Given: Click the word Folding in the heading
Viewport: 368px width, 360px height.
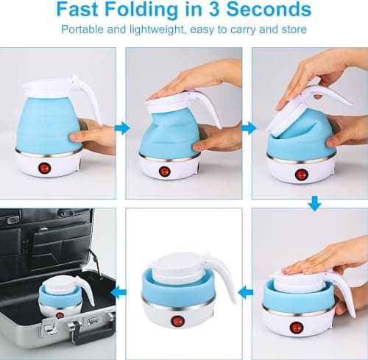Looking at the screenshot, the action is pos(141,10).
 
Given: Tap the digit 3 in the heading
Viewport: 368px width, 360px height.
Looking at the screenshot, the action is pos(213,9).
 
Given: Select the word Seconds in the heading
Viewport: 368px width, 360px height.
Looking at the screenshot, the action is pos(269,9).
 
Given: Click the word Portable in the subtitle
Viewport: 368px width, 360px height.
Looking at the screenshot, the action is pos(82,29).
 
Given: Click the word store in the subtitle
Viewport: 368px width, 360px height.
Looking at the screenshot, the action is pos(294,29).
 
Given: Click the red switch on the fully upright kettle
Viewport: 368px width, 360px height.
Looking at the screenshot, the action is pos(44,168).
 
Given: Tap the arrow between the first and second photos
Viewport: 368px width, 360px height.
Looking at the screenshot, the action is pos(122,128).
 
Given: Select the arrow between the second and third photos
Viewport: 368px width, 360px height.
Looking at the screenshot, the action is pos(249,128).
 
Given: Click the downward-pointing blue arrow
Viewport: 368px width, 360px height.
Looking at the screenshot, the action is pos(314,203).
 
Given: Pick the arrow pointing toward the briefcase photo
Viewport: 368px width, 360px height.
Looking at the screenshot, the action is pos(118,292).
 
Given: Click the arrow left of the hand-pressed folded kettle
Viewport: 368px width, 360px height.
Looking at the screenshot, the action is pos(246,292).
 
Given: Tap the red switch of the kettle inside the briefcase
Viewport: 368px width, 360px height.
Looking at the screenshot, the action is pos(59,315).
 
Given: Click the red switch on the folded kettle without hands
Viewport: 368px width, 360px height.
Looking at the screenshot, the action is pos(176,322).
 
